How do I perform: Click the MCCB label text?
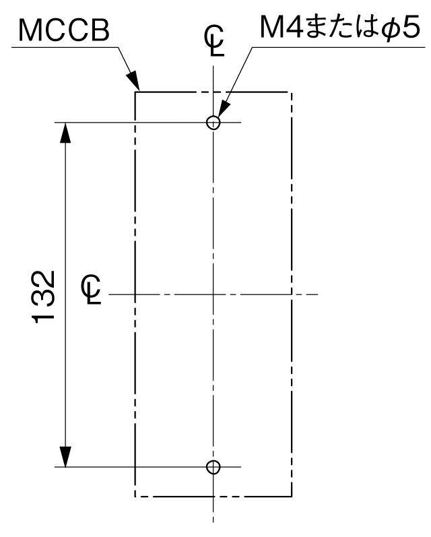point(64,30)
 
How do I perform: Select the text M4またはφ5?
point(339,28)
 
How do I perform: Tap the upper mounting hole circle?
point(213,122)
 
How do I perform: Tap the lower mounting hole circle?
point(213,467)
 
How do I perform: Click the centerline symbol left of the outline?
point(92,290)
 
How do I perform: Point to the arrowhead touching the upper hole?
point(222,110)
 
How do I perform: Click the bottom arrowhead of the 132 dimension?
point(65,457)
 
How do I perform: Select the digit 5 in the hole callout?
point(410,28)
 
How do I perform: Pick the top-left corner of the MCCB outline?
point(135,92)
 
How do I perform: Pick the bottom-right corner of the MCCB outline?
point(292,497)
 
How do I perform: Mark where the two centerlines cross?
point(213,294)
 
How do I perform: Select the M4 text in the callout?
point(281,27)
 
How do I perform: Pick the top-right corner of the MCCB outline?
point(292,92)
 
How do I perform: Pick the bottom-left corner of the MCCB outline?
point(135,497)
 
